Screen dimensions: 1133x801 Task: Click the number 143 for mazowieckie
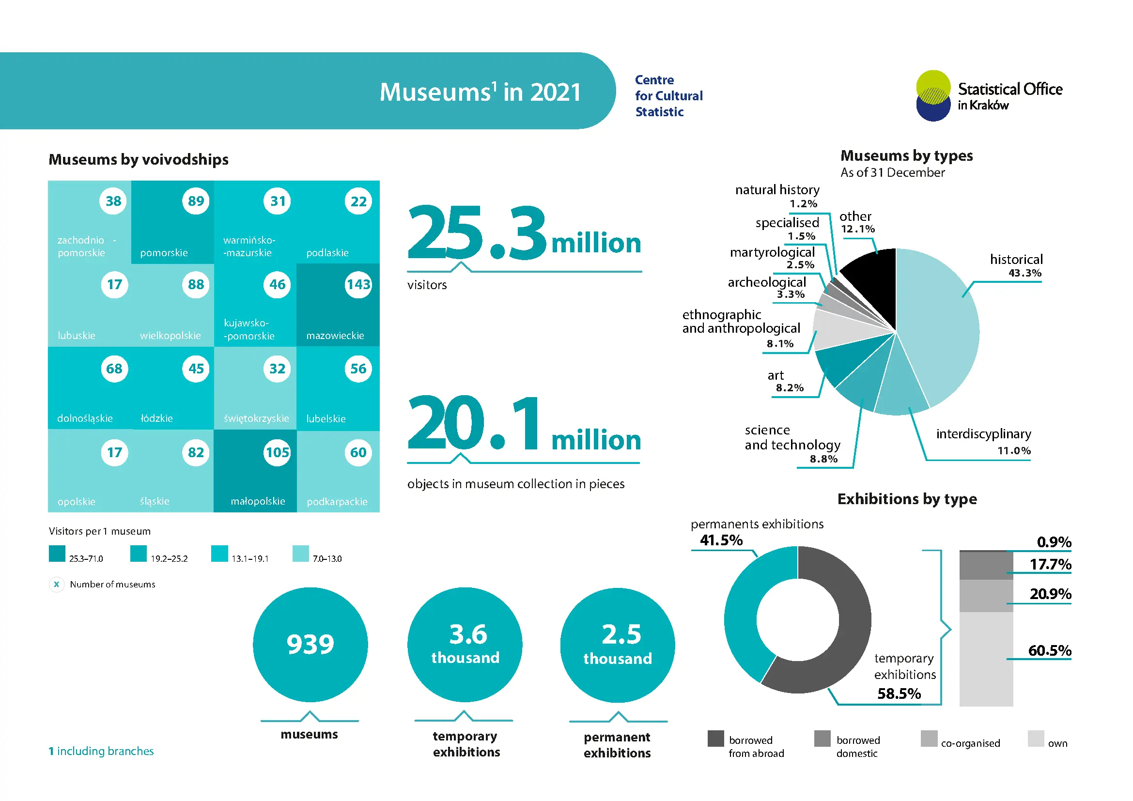(x=358, y=285)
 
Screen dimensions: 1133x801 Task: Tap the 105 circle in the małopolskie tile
(x=278, y=453)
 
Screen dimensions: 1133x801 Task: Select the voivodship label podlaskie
(x=327, y=253)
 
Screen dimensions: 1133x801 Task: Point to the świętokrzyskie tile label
(x=256, y=419)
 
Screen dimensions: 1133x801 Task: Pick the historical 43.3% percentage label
(x=1025, y=273)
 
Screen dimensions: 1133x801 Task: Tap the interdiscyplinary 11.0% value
(x=1014, y=451)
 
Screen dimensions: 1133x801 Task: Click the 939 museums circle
(x=310, y=645)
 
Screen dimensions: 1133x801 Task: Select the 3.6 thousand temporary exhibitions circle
(x=465, y=645)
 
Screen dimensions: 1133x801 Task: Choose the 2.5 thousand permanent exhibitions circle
(x=618, y=645)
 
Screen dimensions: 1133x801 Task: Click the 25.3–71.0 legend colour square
(x=57, y=554)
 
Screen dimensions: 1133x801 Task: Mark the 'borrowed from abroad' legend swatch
(x=716, y=739)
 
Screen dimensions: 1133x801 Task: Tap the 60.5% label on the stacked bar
(x=1050, y=650)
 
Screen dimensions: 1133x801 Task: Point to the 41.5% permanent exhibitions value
(x=721, y=540)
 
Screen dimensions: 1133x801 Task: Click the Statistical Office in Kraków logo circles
(x=933, y=96)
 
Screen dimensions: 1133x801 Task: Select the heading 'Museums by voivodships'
(x=139, y=160)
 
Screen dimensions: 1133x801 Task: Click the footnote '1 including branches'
(x=101, y=751)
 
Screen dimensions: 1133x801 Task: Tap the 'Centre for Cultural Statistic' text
(x=669, y=96)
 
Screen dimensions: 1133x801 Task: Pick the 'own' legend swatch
(x=1036, y=739)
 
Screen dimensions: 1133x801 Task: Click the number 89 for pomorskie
(x=196, y=201)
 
